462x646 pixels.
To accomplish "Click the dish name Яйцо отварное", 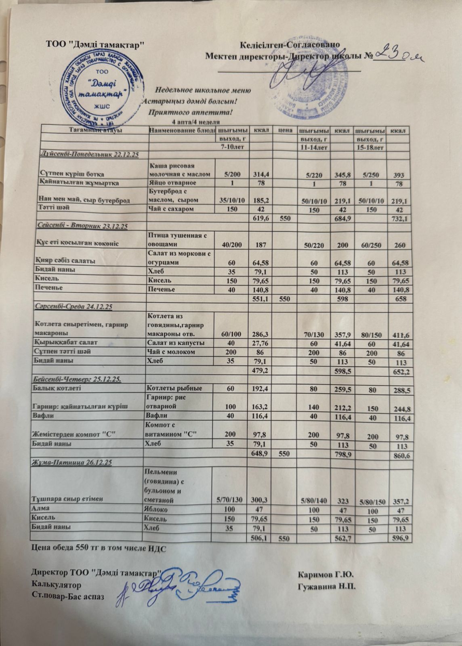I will point(168,183).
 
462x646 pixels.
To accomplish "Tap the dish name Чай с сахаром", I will point(171,209).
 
